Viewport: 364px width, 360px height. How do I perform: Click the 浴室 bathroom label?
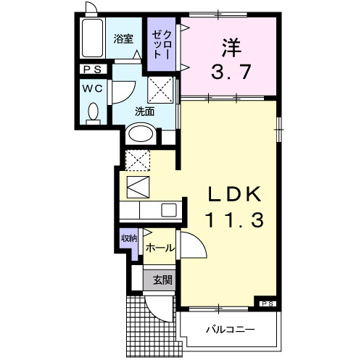point(123,40)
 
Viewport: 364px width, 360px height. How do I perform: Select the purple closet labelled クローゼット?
point(161,45)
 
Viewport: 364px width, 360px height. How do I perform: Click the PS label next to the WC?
point(92,70)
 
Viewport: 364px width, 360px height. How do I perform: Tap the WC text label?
point(92,86)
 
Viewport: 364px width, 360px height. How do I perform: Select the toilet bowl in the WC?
point(92,113)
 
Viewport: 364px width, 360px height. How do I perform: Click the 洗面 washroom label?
point(144,112)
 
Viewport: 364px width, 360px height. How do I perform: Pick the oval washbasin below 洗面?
point(141,135)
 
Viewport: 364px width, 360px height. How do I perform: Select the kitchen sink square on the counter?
point(168,211)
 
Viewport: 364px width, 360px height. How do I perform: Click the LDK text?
point(231,195)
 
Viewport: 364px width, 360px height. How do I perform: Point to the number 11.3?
point(231,219)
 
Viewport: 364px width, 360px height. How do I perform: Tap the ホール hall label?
point(160,248)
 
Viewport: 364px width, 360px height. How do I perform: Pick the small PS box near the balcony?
point(267,303)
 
